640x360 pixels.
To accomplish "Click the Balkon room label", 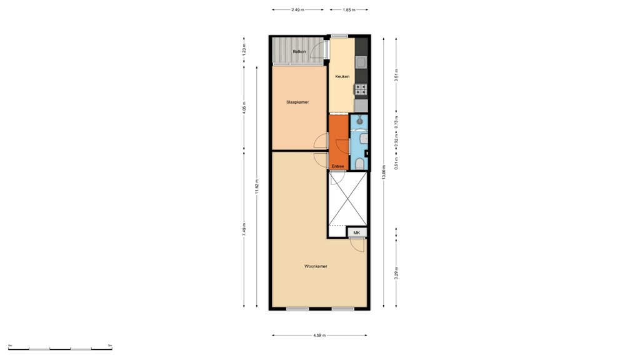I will coord(299,51).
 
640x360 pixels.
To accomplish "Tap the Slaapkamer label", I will coord(297,102).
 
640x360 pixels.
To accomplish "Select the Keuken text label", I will coord(342,76).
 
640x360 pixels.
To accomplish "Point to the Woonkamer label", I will coord(316,266).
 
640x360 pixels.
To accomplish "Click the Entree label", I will coord(337,166).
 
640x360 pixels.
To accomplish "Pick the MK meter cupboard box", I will coord(357,232).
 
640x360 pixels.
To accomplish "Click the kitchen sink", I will coord(361,62).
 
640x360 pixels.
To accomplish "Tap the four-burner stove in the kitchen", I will coord(361,89).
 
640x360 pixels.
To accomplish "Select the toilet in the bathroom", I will coord(359,164).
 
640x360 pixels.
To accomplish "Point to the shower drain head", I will coord(359,121).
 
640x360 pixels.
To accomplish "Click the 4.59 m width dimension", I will coord(319,335).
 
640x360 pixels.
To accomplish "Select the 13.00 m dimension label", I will coord(384,171).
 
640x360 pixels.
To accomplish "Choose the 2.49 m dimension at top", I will coord(298,10).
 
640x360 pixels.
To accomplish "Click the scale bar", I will coord(60,348).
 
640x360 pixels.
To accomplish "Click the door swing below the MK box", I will coord(357,245).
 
